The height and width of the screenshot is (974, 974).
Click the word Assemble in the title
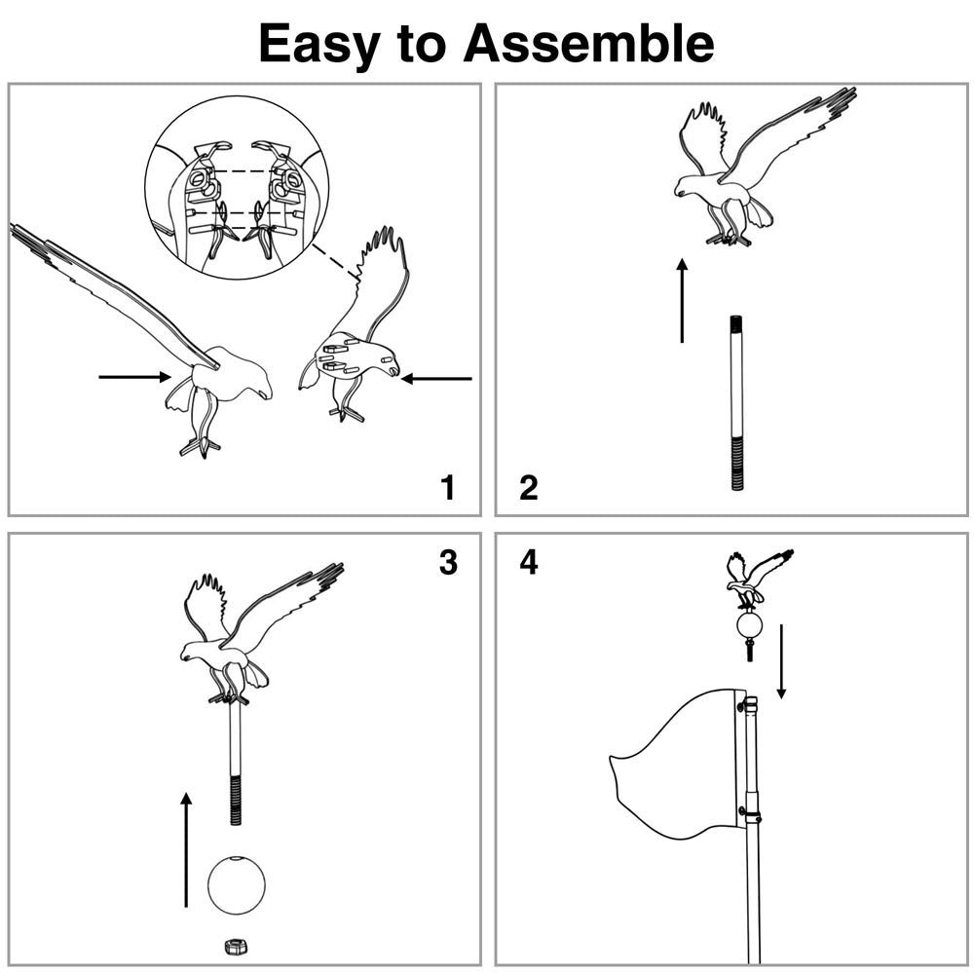[x=588, y=44]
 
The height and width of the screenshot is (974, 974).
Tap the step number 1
[x=447, y=487]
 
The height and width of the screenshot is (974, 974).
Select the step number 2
[x=528, y=487]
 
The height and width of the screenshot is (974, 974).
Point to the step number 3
[x=447, y=562]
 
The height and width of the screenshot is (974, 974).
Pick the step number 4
[x=528, y=562]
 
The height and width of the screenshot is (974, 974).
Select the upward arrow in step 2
[x=682, y=301]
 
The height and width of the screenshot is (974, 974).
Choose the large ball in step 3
[x=236, y=884]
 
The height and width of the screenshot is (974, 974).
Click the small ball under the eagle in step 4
[x=749, y=624]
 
